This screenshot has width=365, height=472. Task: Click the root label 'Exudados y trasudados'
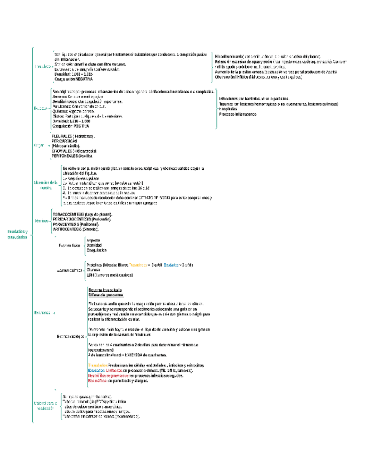pos(17,234)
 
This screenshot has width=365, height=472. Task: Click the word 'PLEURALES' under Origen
pos(61,136)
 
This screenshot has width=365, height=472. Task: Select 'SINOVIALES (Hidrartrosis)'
pos(74,151)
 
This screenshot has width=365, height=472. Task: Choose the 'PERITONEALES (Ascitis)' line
pos(72,156)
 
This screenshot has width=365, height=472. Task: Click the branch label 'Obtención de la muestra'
pos(46,185)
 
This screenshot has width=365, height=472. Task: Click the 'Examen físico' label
pos(69,245)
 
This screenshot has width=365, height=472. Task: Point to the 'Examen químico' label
pos(67,271)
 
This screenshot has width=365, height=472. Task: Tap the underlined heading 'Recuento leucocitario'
pos(105,290)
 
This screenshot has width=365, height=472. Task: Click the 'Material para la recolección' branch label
pos(45,405)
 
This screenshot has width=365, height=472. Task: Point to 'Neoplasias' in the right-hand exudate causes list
pos(230,109)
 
